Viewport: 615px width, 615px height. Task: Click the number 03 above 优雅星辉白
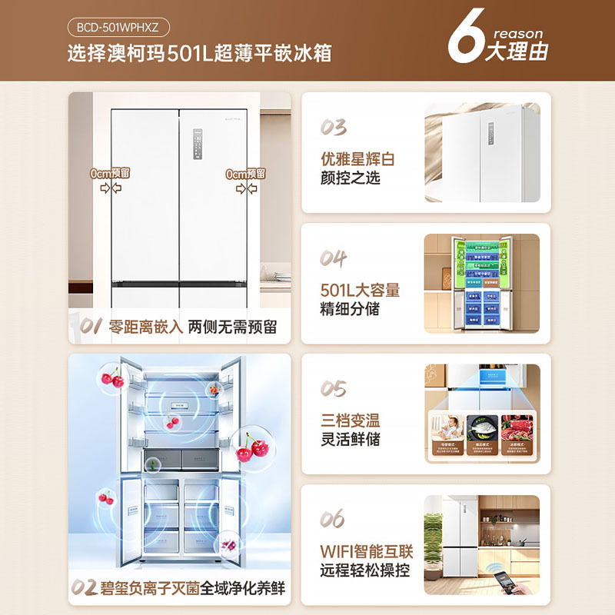(x=334, y=128)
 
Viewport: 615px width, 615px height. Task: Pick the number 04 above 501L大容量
(x=334, y=258)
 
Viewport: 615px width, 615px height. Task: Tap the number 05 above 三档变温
(x=334, y=389)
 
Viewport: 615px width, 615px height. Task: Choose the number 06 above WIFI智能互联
(x=334, y=520)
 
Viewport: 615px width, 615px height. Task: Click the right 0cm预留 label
(x=246, y=174)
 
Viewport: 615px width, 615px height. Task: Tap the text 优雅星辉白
(x=357, y=159)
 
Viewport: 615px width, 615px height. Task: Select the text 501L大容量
(x=360, y=291)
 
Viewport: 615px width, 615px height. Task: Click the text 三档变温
(x=351, y=421)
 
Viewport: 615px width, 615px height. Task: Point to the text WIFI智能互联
(x=367, y=552)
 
